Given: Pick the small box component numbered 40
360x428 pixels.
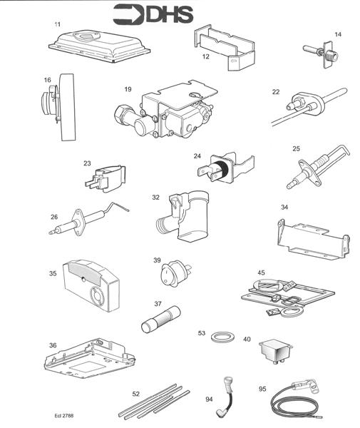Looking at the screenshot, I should [273, 350].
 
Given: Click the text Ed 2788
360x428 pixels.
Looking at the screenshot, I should [63, 414].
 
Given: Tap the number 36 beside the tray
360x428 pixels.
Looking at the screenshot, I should [53, 345].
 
